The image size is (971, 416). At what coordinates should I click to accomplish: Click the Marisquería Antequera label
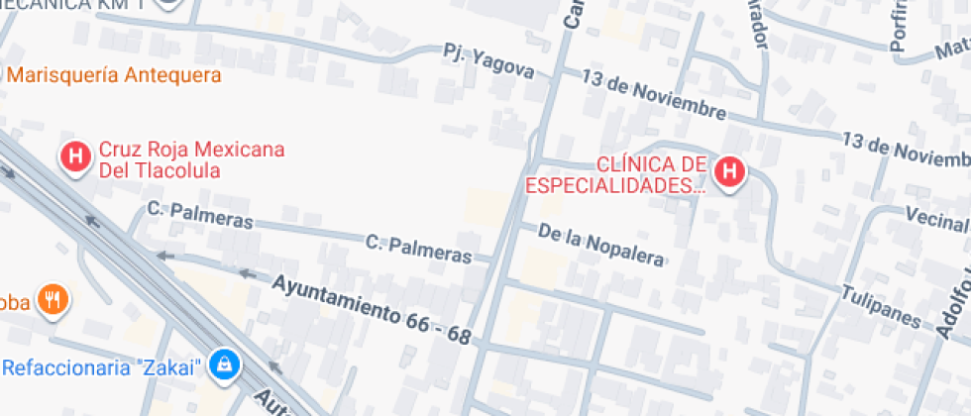point(113,75)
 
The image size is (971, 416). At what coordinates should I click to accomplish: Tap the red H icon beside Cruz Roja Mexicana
point(74,156)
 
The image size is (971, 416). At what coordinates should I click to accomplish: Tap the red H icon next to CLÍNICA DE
point(730,172)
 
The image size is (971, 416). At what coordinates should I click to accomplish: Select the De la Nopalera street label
point(600,245)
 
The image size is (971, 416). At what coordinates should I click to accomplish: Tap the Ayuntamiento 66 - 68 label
point(371,309)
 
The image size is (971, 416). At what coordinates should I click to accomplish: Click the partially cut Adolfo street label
point(952,307)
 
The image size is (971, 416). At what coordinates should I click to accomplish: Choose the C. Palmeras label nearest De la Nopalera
point(418,248)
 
